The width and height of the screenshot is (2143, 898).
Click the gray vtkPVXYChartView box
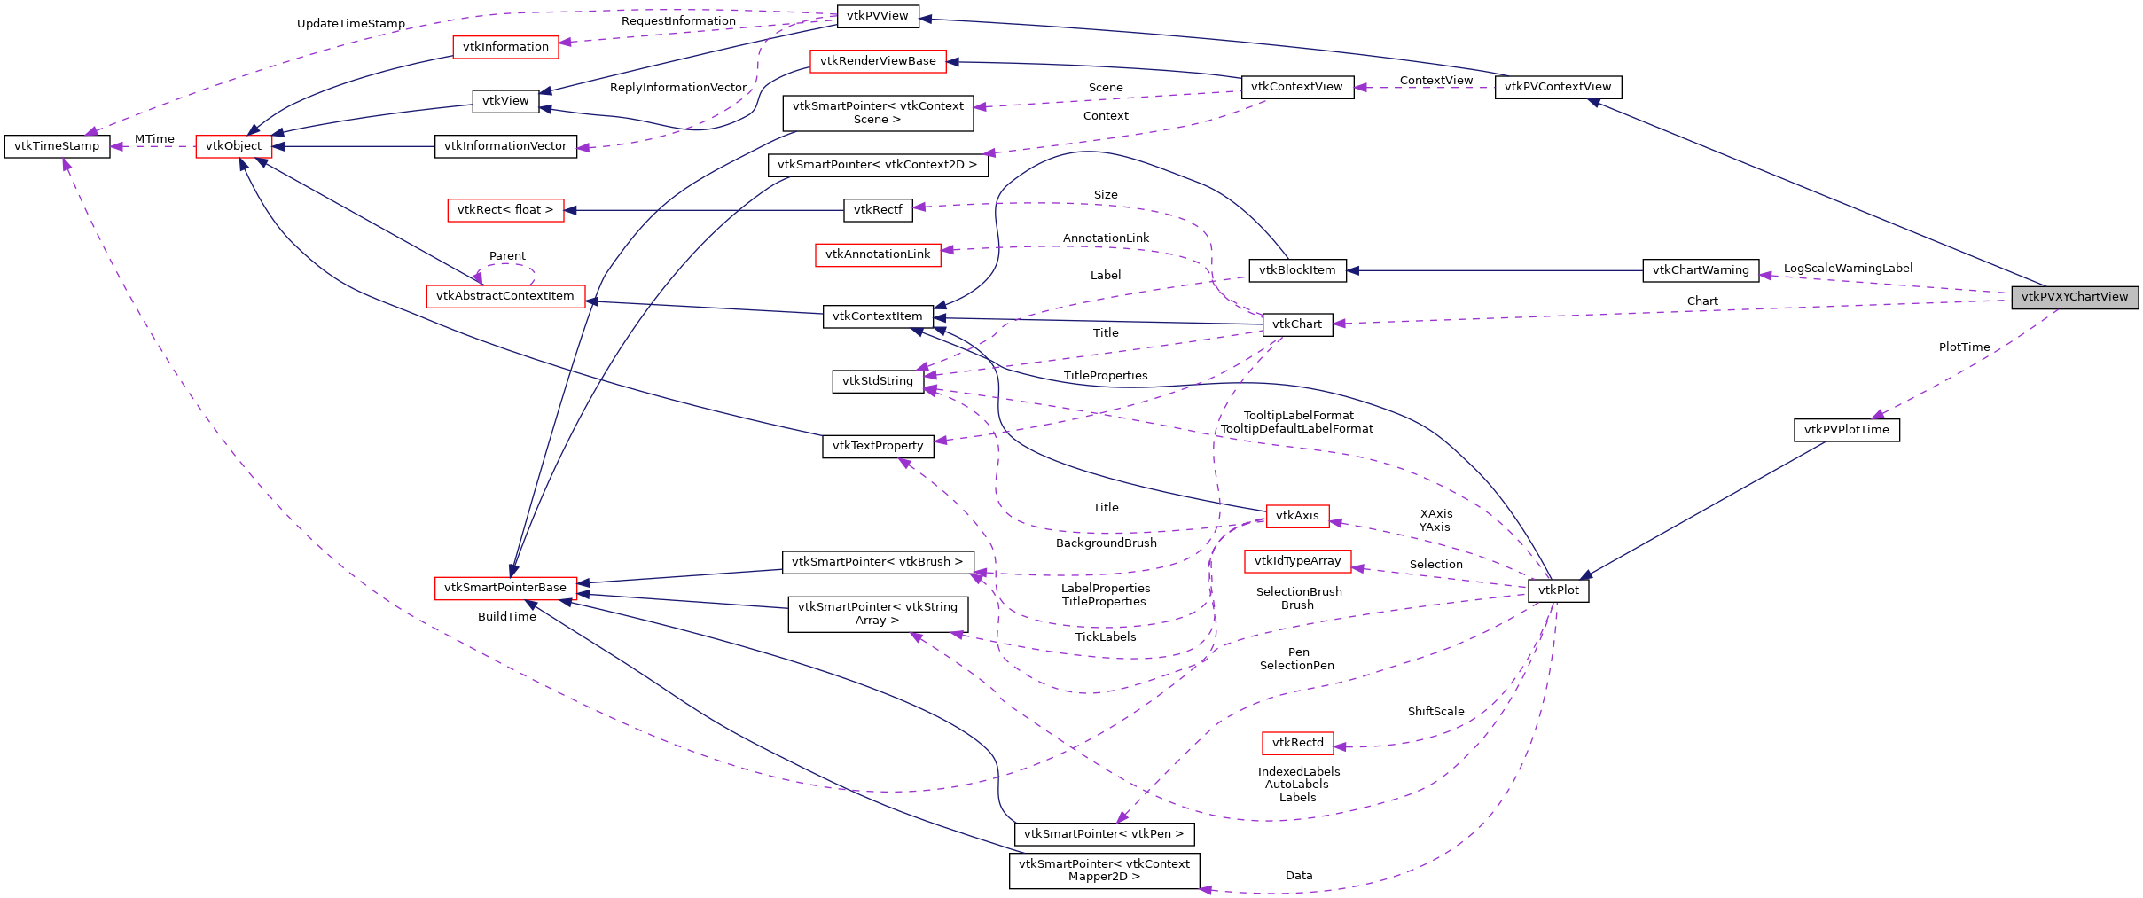click(x=2074, y=297)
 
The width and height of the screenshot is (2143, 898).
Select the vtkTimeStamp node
click(x=57, y=146)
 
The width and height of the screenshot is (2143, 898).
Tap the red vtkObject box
click(x=233, y=146)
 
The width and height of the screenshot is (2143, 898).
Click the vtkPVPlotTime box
click(x=1846, y=430)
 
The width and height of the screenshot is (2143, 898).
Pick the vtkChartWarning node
click(x=1700, y=270)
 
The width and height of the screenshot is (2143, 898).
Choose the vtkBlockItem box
click(x=1296, y=270)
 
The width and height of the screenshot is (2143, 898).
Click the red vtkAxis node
click(x=1297, y=516)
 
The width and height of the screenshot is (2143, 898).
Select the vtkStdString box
click(x=877, y=381)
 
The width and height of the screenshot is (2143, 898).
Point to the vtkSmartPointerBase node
click(x=504, y=588)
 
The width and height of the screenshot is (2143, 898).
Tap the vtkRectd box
click(x=1297, y=743)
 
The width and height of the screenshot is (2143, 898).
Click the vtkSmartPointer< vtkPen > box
click(x=1103, y=834)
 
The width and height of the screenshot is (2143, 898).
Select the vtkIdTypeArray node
click(x=1297, y=561)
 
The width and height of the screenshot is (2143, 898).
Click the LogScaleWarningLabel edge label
click(x=1848, y=269)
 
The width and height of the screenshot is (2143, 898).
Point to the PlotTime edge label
click(x=1964, y=347)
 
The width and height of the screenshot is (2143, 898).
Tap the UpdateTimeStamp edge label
click(x=350, y=24)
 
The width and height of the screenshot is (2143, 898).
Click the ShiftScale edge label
click(x=1435, y=712)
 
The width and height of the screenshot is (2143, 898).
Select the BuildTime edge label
click(x=506, y=617)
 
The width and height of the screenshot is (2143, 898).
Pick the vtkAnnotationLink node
click(x=877, y=254)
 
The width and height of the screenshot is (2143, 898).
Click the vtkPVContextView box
click(x=1557, y=87)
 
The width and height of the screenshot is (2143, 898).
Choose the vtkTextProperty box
click(x=877, y=446)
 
